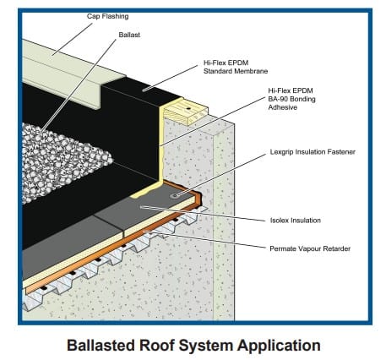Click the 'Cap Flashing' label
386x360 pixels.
pos(107,16)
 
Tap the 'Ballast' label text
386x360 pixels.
pos(129,35)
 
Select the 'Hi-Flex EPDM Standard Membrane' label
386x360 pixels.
pos(236,67)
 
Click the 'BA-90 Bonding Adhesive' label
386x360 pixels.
pos(291,99)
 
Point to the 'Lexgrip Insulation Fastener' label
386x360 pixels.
pos(313,152)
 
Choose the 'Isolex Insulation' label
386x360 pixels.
pos(296,221)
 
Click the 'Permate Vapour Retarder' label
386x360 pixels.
pos(310,248)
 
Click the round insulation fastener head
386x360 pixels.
pos(175,195)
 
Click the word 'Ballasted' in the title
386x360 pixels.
pos(101,345)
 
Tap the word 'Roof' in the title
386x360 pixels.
pos(156,345)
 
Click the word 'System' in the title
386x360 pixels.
pos(205,346)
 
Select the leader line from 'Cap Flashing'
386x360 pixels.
pos(72,39)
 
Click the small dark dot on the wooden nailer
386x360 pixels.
pos(188,108)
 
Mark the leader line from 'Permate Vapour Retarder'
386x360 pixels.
pos(204,239)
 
